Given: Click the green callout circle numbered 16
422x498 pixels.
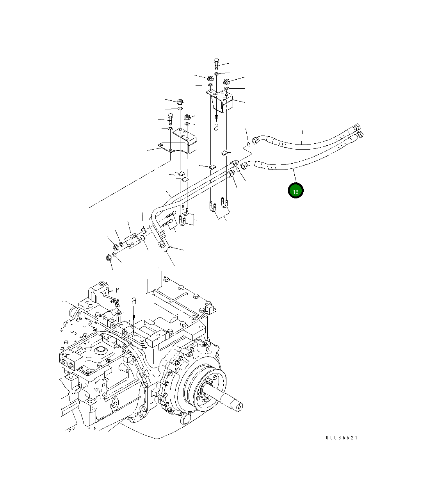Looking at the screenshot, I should pyautogui.click(x=296, y=191).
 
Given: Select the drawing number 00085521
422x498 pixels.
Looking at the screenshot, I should pyautogui.click(x=342, y=438).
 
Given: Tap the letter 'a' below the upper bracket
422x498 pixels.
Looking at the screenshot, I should pyautogui.click(x=216, y=127).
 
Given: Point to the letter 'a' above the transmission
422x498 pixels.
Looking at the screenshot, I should pyautogui.click(x=134, y=301).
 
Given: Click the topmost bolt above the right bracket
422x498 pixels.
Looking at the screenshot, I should pyautogui.click(x=217, y=64).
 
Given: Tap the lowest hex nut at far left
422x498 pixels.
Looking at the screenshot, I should pyautogui.click(x=109, y=258).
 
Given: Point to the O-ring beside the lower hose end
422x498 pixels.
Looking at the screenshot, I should pyautogui.click(x=239, y=170).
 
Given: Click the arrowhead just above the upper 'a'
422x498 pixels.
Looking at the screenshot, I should pyautogui.click(x=216, y=119).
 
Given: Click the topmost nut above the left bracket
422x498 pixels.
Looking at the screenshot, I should pyautogui.click(x=180, y=101).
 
